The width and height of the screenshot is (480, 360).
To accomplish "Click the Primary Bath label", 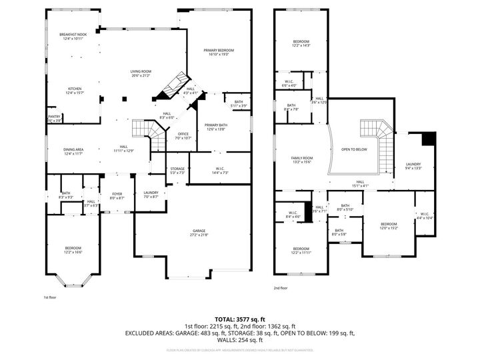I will pos(216,127).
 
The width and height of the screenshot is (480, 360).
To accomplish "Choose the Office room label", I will pos(183,135).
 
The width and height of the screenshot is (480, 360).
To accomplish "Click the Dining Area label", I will pos(73,151).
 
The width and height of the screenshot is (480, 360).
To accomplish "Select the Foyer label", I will pos(117,195).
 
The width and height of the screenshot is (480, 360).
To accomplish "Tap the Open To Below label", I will pos(354,149).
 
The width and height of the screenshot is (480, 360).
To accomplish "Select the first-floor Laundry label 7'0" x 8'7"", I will pos(151,195).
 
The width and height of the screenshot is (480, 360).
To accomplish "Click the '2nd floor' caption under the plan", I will pos(281,288).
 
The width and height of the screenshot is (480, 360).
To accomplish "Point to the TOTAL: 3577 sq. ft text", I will pos(239,319).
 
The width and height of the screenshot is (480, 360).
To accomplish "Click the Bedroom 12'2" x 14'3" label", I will pos(301,43).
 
